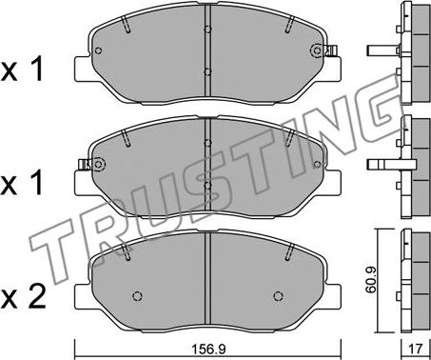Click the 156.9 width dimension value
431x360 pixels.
[208, 350]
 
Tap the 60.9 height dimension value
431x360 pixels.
[371, 280]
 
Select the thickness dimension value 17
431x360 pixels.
[416, 350]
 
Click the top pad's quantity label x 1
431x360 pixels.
[22, 70]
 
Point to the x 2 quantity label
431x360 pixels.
[24, 298]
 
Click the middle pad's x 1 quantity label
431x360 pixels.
[22, 185]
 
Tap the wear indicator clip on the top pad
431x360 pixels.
[332, 50]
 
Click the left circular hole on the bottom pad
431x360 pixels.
[137, 296]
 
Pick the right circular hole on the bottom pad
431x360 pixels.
[278, 296]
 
